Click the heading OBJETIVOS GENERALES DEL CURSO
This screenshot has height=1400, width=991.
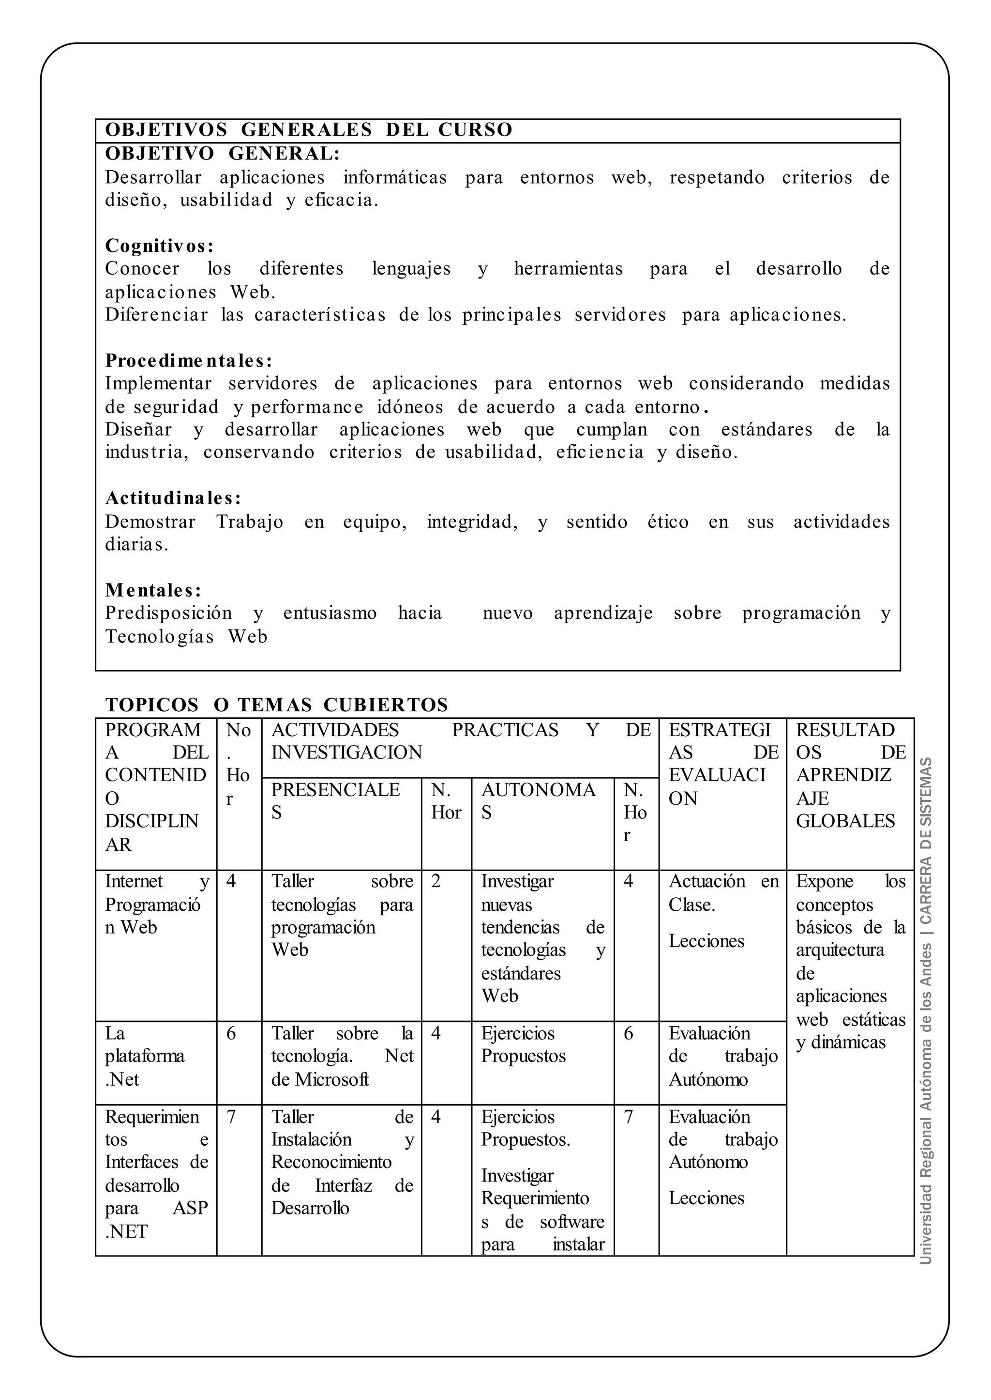[x=309, y=130]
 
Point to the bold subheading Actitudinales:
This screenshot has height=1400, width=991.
[x=173, y=498]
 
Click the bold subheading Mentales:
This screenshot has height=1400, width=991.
[x=153, y=590]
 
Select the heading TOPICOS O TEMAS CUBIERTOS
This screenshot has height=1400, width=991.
[x=276, y=705]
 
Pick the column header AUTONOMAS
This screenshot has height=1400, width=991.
[x=538, y=801]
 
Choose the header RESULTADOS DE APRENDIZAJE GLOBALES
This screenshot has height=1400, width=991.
[x=850, y=775]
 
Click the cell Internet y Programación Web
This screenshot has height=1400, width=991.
[x=156, y=904]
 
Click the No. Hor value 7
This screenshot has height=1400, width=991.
[x=231, y=1117]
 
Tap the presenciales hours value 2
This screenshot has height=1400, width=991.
[x=435, y=882]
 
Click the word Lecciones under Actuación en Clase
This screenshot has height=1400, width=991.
[x=706, y=941]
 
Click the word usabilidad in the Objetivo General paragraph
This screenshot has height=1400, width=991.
[x=226, y=200]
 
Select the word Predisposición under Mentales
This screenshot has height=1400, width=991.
[x=168, y=613]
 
